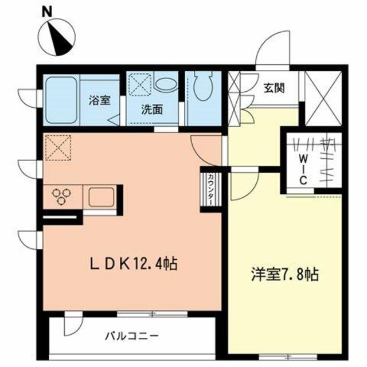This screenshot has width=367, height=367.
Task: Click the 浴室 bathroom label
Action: pyautogui.click(x=99, y=100)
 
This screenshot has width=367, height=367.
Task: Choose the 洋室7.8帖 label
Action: pyautogui.click(x=285, y=276)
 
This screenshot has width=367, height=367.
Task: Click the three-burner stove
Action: pyautogui.click(x=61, y=197)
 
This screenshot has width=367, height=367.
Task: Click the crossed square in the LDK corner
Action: pyautogui.click(x=57, y=147)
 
